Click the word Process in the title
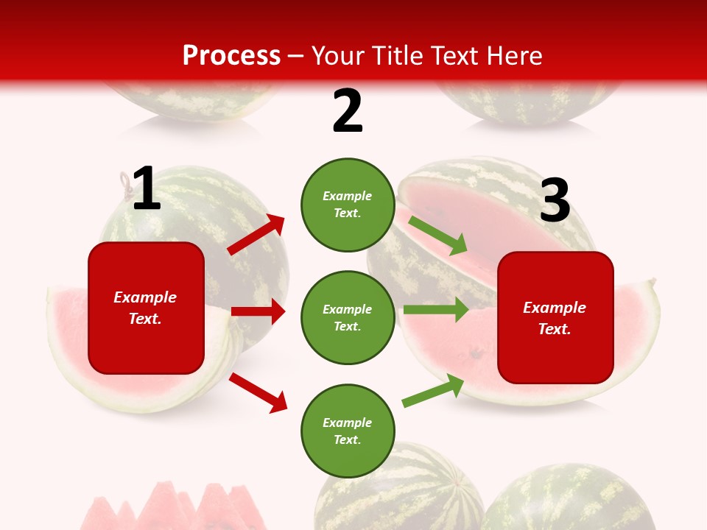coord(231,56)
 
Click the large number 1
coord(147,189)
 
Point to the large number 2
coord(348,111)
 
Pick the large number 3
coord(555,201)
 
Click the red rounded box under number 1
coord(146,308)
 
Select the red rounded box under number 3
coord(555,318)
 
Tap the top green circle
coord(348,205)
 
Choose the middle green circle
coord(348,318)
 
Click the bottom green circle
coord(348,431)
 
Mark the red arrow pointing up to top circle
coord(256,235)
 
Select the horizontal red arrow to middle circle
coord(258,311)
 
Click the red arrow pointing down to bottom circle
coord(258,392)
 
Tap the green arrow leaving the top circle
coord(438,236)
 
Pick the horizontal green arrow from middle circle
coord(436,310)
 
